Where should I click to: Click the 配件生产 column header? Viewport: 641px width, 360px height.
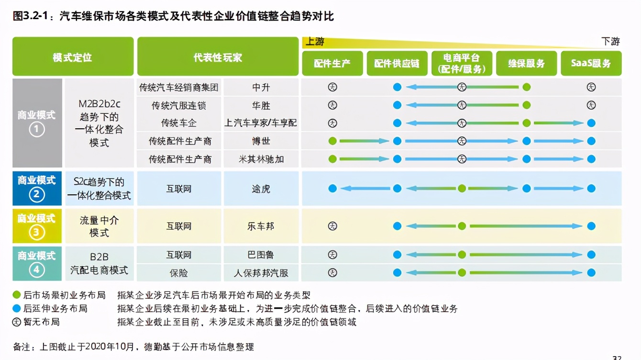(332, 63)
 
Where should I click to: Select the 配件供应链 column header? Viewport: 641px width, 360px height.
(397, 63)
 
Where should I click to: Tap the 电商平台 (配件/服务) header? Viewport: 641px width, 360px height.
(462, 63)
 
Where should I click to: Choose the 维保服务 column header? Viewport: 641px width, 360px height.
(526, 63)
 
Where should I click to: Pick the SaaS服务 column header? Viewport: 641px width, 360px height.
(591, 63)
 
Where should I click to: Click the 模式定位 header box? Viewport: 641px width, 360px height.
(73, 57)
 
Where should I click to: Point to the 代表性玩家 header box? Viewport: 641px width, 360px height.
(218, 57)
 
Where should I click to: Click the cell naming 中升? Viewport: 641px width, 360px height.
(261, 88)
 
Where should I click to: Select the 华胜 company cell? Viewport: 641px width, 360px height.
(261, 105)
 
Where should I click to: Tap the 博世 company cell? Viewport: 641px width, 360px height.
(261, 141)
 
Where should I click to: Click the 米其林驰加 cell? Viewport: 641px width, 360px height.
(261, 159)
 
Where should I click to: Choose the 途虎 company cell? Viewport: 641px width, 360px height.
(261, 189)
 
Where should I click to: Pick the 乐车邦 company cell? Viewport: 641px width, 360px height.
(261, 226)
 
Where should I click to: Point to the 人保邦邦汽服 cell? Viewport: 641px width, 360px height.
(261, 273)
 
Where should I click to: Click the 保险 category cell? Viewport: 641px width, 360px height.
(179, 273)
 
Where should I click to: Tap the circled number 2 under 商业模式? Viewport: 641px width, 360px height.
(37, 195)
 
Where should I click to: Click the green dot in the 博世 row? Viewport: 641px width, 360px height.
(332, 141)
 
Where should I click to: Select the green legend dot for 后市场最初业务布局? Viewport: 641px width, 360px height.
(17, 295)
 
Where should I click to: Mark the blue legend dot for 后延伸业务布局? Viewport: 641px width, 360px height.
(17, 309)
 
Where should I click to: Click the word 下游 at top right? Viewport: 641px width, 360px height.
(610, 42)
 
